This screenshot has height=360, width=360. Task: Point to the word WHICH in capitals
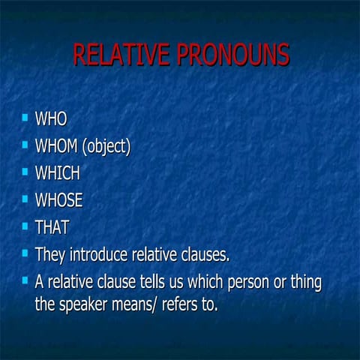click(57, 173)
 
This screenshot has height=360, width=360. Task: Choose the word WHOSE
click(58, 201)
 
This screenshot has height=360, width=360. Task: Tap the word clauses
click(203, 255)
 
